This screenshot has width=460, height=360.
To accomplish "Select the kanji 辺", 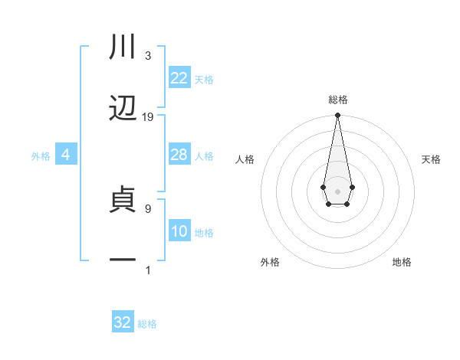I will [x=123, y=108].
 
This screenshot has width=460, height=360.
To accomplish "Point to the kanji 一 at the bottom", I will [x=123, y=260].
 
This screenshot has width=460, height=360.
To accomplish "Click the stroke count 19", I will [x=148, y=117].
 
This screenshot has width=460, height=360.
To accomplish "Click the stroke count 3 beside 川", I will [x=148, y=56].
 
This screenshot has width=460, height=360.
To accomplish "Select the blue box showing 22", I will [x=179, y=78].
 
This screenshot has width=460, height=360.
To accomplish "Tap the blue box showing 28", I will [x=179, y=155].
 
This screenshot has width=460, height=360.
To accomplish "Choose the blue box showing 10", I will [x=179, y=231].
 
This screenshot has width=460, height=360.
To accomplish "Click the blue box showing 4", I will [x=66, y=155].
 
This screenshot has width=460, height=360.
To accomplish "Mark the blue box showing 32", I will [x=123, y=322].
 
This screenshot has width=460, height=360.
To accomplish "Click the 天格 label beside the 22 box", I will [x=204, y=79].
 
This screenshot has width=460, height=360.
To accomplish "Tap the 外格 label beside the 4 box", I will [x=41, y=155].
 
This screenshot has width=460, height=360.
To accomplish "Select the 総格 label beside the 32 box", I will [x=147, y=323].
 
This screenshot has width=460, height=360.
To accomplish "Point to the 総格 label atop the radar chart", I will [x=337, y=100].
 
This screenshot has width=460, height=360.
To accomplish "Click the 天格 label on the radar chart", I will [x=431, y=159].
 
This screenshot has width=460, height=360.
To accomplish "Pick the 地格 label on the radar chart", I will [x=402, y=262].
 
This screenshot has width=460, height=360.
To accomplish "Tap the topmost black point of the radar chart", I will [x=337, y=116].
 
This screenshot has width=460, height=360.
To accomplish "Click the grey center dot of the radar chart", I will [x=337, y=190].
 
